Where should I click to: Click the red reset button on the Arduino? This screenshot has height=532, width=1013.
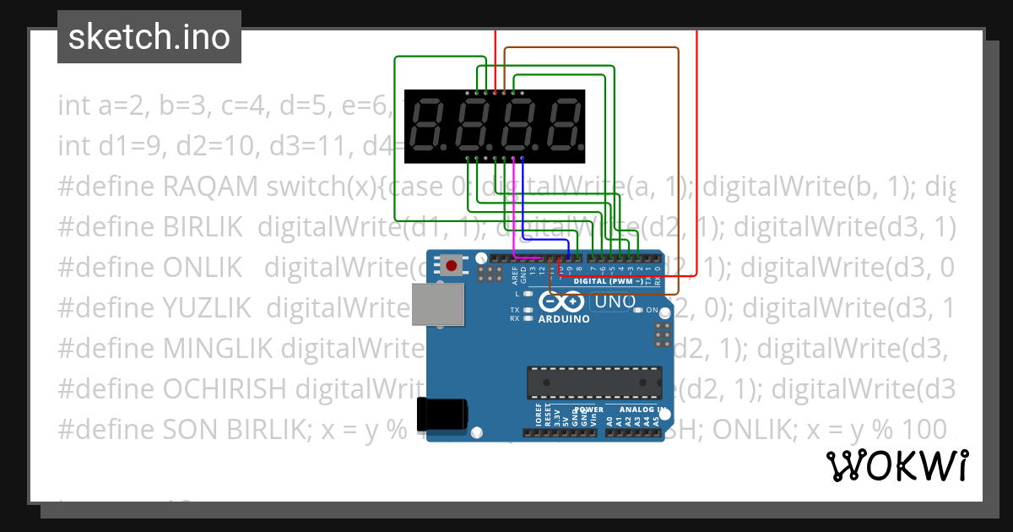click(452, 267)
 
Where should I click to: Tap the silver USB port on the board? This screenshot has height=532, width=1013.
click(437, 304)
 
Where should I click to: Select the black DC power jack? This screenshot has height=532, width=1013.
click(445, 415)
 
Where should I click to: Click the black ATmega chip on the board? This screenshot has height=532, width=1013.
click(594, 382)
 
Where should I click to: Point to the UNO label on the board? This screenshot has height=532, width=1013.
click(615, 301)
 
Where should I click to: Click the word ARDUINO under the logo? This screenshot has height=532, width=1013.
click(565, 319)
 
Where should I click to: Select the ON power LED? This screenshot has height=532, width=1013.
click(639, 310)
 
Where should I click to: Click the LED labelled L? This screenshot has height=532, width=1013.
click(528, 294)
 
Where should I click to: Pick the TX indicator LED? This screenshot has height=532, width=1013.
click(528, 310)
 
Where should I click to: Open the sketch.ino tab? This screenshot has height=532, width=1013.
click(149, 37)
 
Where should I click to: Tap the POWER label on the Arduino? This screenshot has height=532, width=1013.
click(588, 410)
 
